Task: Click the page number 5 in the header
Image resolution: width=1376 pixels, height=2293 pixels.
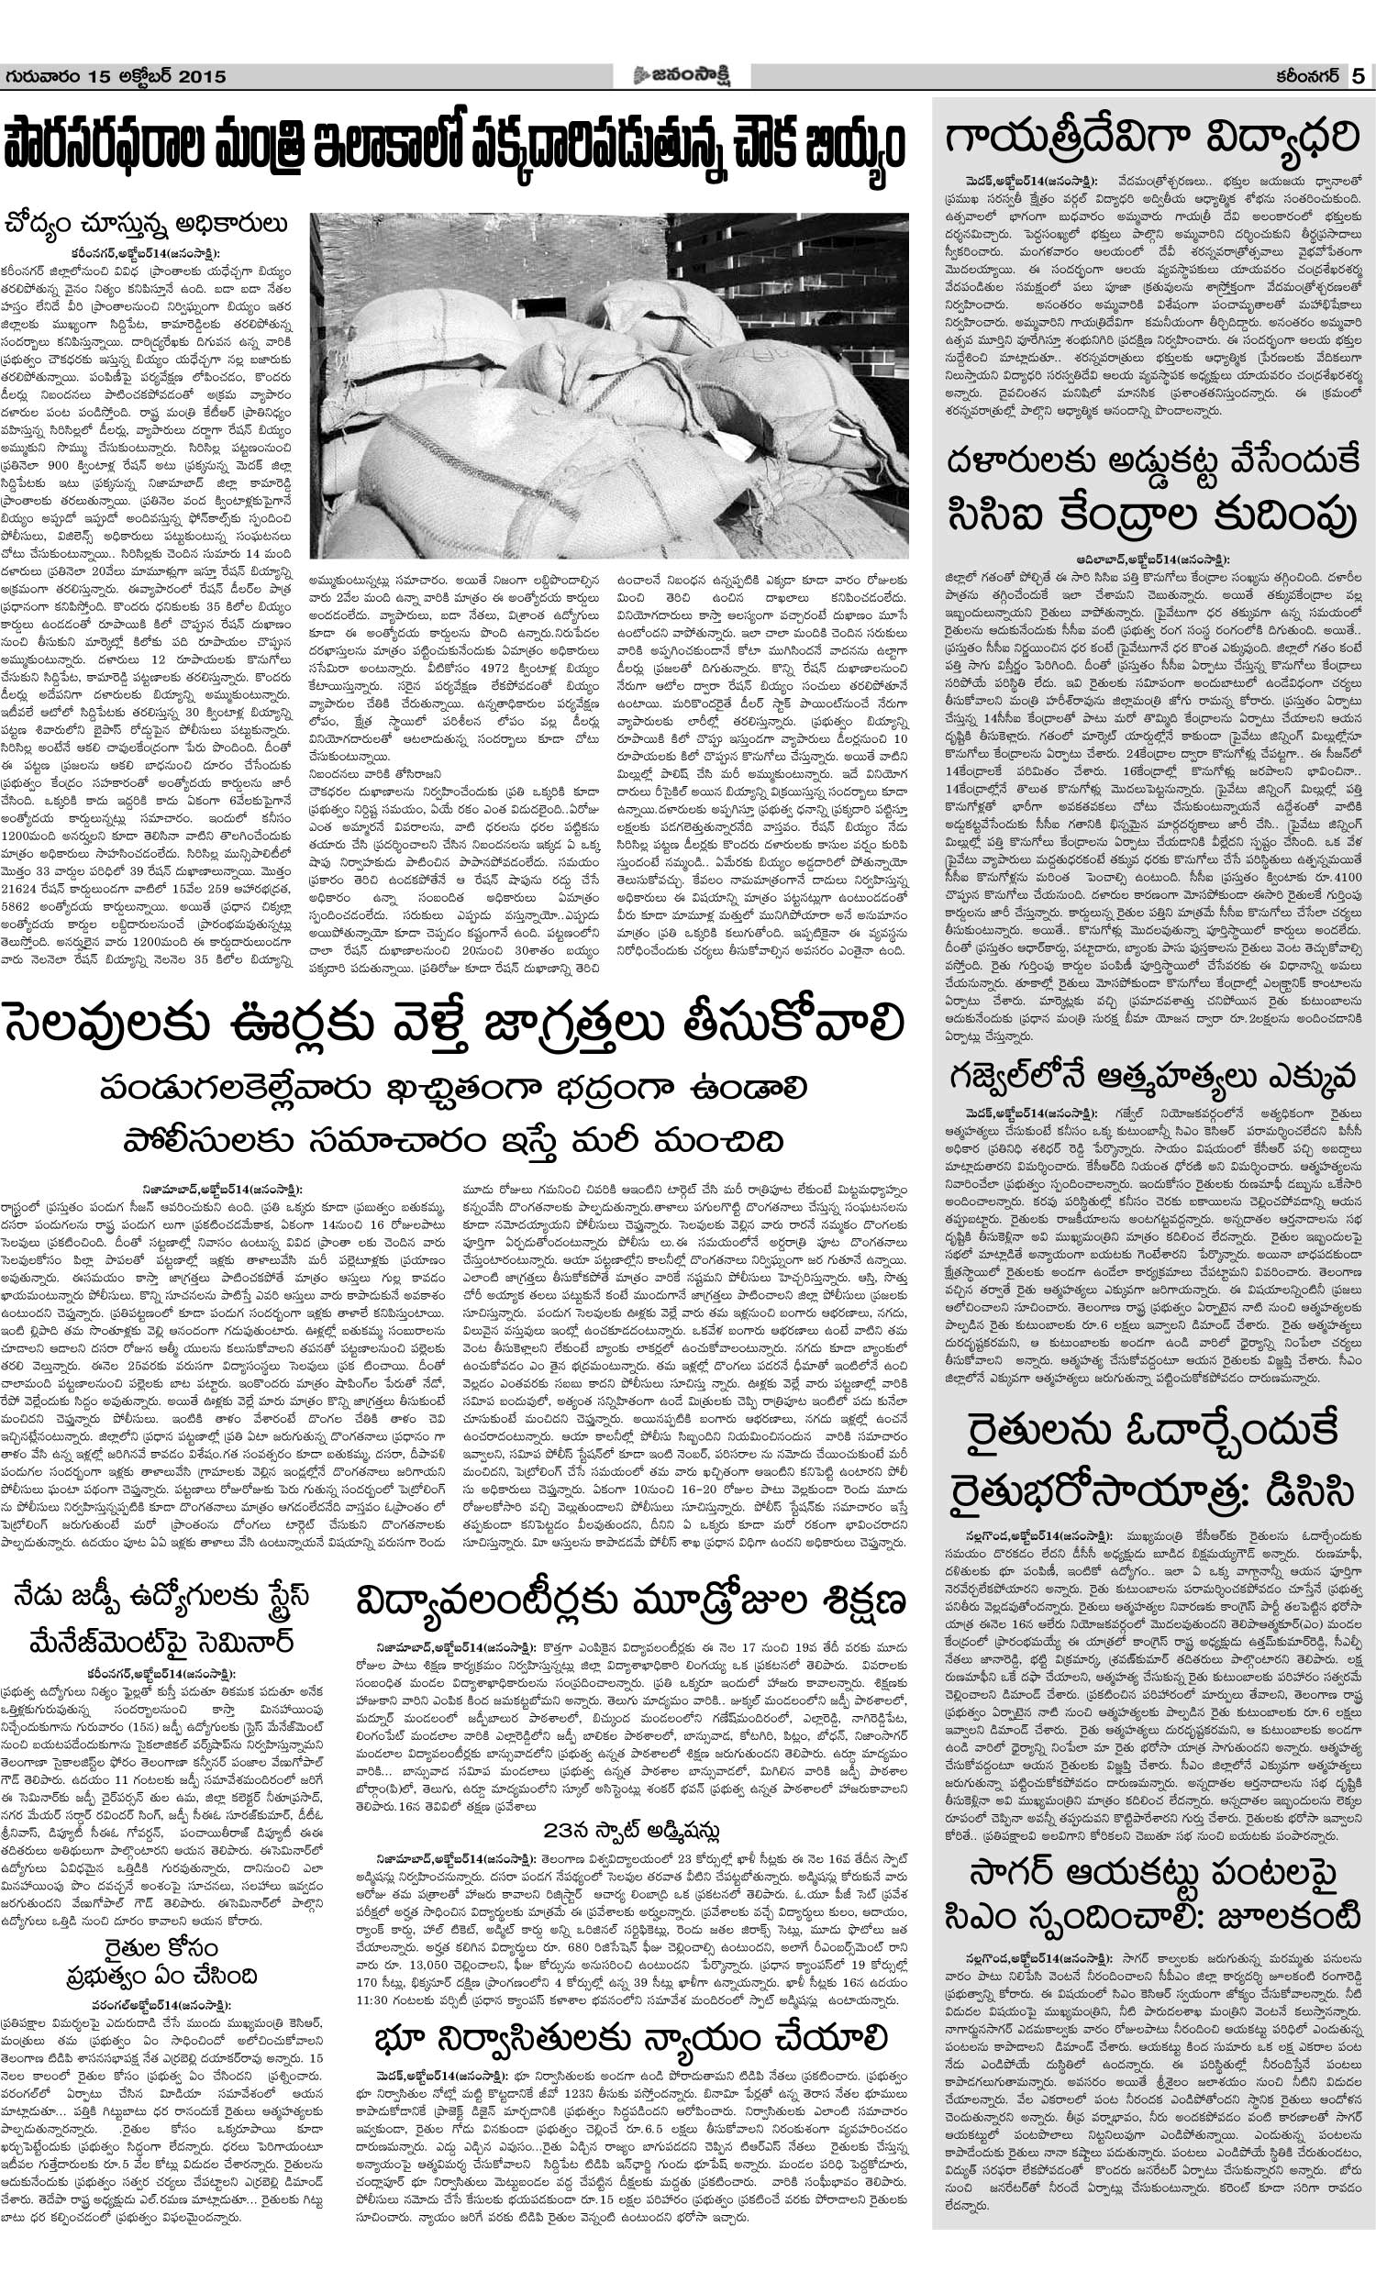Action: pyautogui.click(x=1359, y=77)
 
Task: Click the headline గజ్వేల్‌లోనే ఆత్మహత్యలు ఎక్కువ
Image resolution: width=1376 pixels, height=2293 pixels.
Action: pyautogui.click(x=1152, y=1077)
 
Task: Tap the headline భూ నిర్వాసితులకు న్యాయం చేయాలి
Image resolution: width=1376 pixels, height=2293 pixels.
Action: pyautogui.click(x=630, y=2039)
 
